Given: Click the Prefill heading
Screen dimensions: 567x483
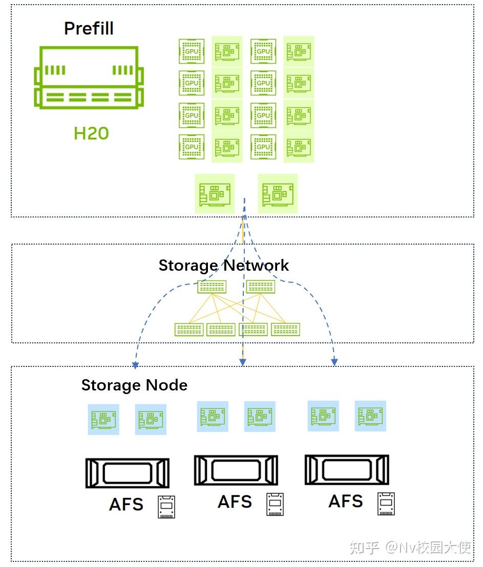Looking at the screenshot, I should click(x=89, y=28).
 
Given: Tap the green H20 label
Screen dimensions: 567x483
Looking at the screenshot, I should click(x=91, y=133).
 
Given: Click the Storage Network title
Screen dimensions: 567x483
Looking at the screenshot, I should click(x=223, y=265).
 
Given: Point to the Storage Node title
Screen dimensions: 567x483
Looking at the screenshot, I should click(x=134, y=385).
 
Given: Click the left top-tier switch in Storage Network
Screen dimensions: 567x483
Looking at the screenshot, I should click(x=212, y=287).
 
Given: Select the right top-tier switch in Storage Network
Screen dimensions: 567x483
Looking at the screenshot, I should click(x=260, y=287).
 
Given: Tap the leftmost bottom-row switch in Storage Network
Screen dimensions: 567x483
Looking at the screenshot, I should click(x=189, y=330).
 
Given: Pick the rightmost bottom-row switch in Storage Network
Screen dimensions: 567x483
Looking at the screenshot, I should click(x=285, y=330).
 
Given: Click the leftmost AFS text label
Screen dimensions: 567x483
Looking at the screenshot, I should click(x=126, y=505).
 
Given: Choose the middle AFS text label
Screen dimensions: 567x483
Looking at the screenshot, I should click(x=235, y=501).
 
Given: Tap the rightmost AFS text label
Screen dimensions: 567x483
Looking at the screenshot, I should click(x=345, y=501).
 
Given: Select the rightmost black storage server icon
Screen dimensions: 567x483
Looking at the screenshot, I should click(x=347, y=469).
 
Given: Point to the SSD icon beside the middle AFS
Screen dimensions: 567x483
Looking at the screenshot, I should click(x=275, y=505).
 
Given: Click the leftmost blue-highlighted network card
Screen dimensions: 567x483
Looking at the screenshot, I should click(x=103, y=420).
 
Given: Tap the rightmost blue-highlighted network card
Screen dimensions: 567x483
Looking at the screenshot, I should click(x=370, y=416).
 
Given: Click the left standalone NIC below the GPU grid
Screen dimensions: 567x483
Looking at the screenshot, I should click(x=215, y=193).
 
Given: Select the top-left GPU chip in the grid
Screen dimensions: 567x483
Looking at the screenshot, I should click(x=192, y=51).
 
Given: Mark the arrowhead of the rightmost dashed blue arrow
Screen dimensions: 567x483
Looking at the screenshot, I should click(x=334, y=363).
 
